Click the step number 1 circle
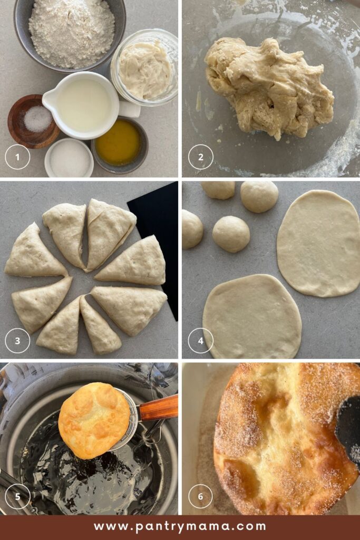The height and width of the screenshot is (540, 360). pos(17,157)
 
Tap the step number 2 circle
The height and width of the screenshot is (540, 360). pos(201,157)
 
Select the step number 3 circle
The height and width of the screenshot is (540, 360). pos(17,341)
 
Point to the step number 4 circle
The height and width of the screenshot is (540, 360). pos(201,341)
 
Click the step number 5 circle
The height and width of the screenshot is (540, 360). pos(17,496)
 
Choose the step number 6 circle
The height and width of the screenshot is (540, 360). pos(201,496)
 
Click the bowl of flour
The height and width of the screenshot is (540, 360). pos(70,33)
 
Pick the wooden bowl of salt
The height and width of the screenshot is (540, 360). pos(33,121)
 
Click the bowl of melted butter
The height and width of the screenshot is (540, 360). pos(119,144)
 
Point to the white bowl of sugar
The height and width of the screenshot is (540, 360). pos(69,158)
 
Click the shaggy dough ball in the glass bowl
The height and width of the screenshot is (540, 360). pos(269,88)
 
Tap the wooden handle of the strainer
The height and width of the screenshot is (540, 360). pos(158,409)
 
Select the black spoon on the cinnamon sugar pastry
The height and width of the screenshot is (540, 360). pos(348,430)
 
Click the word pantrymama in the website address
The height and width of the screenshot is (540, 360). pos(179,527)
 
